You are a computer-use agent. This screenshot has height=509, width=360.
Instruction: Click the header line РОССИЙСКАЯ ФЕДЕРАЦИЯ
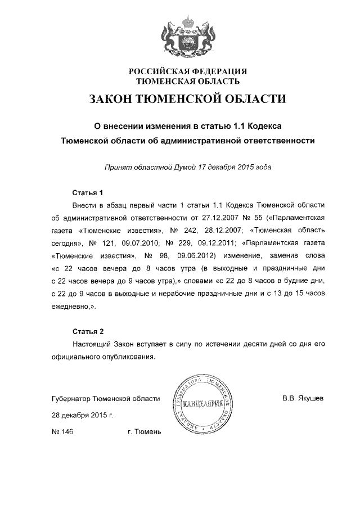(x=188, y=71)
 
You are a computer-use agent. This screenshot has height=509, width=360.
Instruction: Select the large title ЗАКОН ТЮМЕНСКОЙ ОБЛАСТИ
(x=188, y=99)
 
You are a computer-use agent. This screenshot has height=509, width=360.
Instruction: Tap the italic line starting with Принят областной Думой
(x=188, y=167)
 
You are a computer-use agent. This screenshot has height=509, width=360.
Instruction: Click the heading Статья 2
(x=88, y=331)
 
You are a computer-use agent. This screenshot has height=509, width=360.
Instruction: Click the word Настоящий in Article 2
(x=93, y=344)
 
